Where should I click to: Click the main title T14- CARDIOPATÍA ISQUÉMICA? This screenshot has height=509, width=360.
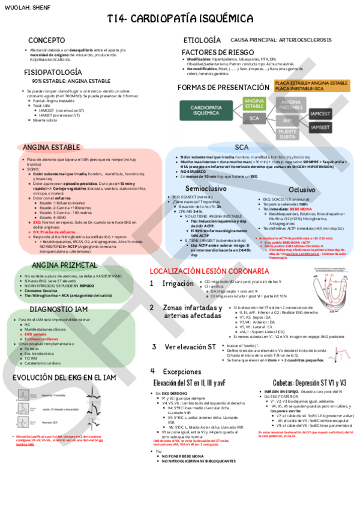tap(180, 19)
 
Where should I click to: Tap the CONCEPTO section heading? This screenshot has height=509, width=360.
tap(47, 40)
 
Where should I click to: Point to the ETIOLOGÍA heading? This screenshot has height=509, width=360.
tap(202, 40)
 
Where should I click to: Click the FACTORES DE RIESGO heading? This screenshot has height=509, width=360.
tap(213, 52)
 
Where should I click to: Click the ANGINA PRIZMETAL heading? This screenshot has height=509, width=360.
tap(56, 265)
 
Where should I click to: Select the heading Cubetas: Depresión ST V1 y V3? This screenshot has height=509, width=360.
tap(300, 382)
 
